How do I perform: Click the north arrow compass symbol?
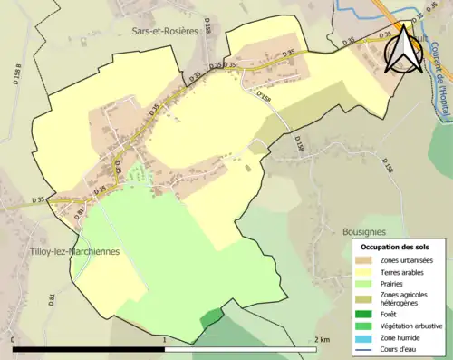(401, 50)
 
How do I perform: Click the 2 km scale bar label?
(323, 339)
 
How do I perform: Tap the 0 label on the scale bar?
(14, 339)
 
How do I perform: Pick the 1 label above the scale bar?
(164, 339)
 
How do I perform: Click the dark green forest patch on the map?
(210, 318)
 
